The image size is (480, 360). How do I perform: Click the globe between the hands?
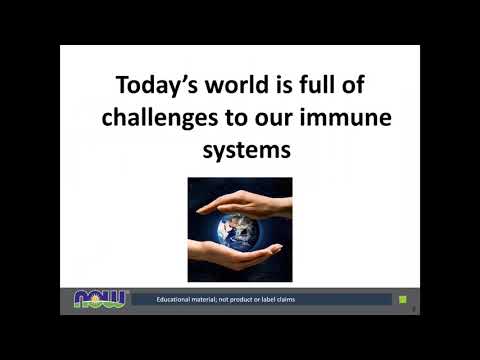(240, 232)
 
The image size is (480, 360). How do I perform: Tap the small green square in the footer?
(403, 299)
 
